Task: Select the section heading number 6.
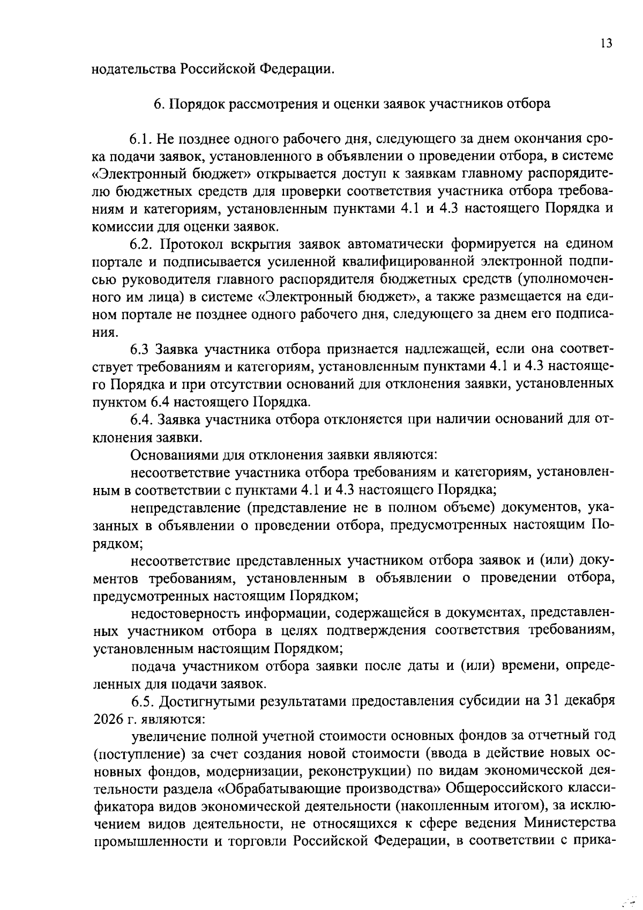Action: pos(158,104)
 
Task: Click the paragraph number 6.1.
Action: pos(141,139)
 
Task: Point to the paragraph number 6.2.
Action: pos(141,245)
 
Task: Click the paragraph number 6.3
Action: pos(140,350)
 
